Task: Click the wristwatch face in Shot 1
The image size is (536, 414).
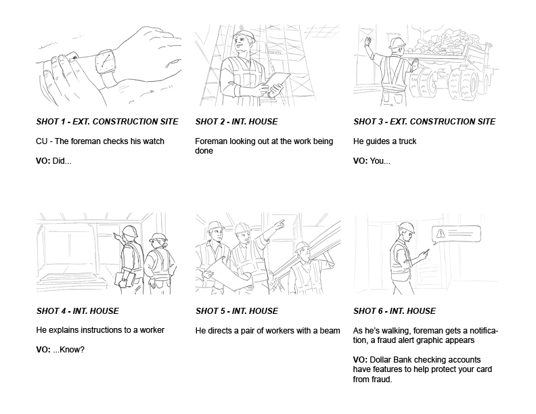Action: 105,62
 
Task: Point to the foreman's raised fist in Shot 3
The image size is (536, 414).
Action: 367,41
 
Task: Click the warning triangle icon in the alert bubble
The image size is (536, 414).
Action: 441,233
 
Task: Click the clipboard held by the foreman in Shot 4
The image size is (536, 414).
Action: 121,280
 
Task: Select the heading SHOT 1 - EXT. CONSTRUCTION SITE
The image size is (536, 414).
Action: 108,122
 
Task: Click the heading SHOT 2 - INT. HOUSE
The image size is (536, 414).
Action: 237,122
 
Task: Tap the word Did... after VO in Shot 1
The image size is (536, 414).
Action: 62,161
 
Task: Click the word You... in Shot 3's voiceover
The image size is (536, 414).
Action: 380,161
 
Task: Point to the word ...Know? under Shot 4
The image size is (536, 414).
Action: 68,350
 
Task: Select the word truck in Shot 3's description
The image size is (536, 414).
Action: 407,141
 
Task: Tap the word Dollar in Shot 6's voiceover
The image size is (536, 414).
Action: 380,360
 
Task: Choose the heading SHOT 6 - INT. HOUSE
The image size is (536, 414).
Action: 395,311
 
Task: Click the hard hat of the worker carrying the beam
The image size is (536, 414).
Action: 303,247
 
